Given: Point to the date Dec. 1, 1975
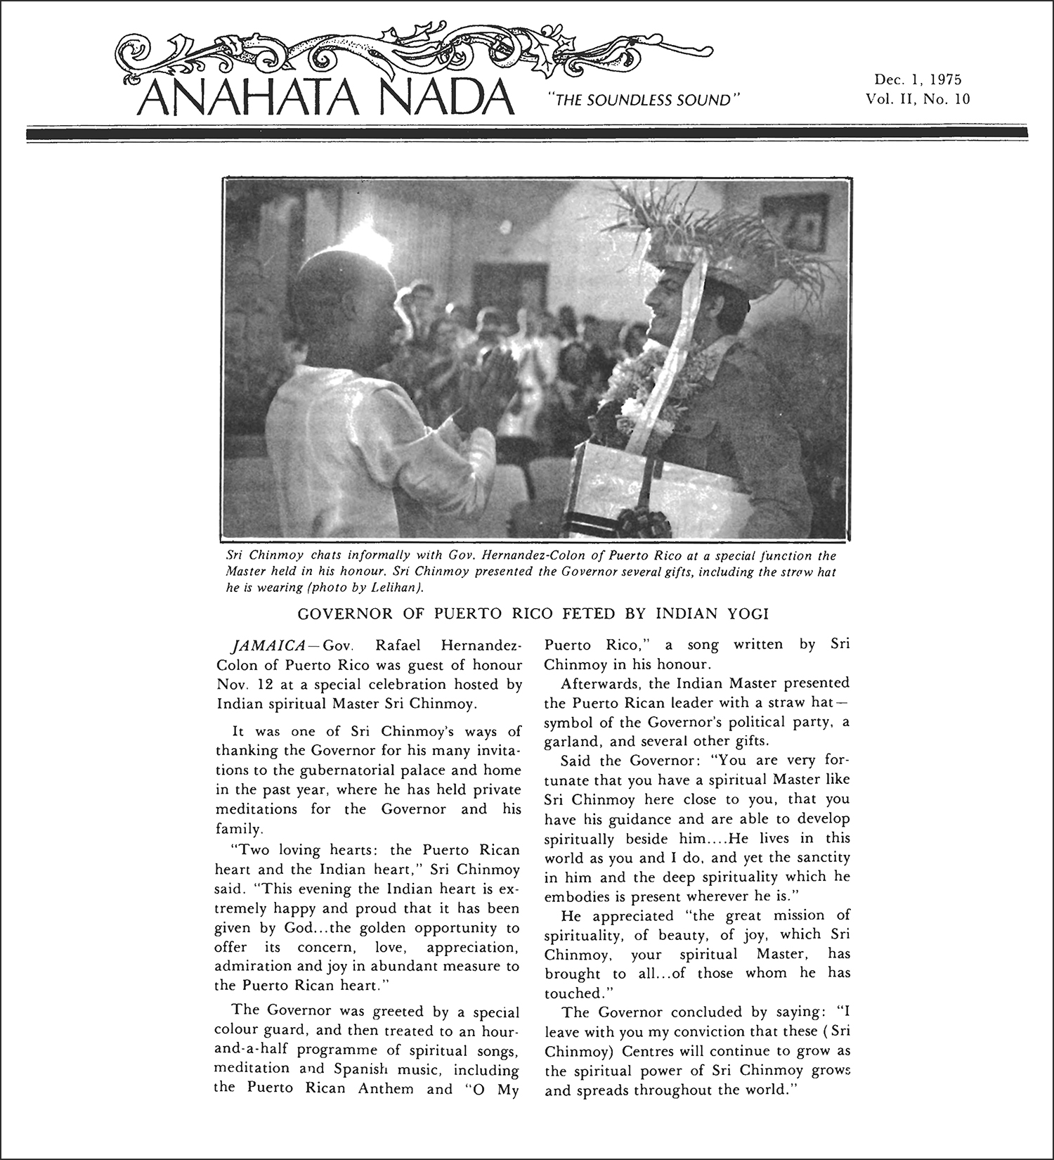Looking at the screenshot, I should [917, 79].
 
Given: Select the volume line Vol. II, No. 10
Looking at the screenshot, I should [918, 99].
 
